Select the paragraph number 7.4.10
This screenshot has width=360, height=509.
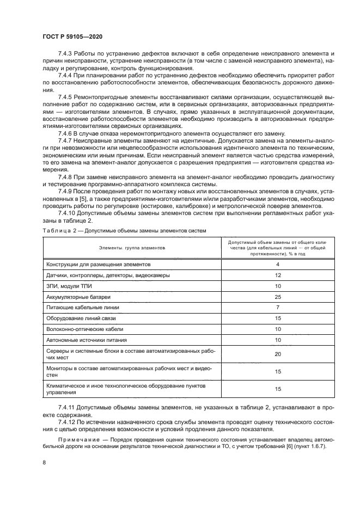(x=68, y=214)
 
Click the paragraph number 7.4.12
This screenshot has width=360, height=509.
(x=68, y=422)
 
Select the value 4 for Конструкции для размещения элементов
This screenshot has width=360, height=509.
(x=277, y=264)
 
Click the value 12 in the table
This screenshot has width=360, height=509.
(x=277, y=275)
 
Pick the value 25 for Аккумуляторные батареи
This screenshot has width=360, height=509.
(x=277, y=297)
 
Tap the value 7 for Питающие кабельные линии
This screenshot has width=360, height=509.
(x=277, y=308)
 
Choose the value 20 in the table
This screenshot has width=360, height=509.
(x=277, y=354)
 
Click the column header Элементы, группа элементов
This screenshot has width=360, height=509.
(x=125, y=247)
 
